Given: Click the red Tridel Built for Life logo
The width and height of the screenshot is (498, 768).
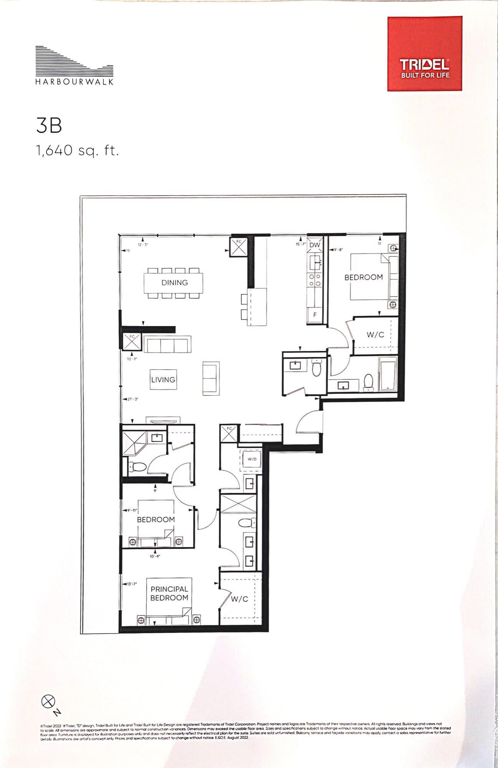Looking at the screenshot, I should pos(425,54).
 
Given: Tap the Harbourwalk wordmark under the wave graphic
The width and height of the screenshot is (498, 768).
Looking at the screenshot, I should pos(74,82).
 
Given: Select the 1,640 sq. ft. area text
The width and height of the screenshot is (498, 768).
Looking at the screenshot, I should pos(77,151).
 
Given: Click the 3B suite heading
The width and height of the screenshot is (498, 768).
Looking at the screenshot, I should pos(49,126).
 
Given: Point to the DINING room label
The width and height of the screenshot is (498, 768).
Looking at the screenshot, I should pos(174,283).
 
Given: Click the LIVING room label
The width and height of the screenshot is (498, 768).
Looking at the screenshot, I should pos(163,379).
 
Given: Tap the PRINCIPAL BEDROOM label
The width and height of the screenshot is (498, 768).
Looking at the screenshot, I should pos(169,593).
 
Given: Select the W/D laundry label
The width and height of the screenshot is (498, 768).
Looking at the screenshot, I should pos(252,459).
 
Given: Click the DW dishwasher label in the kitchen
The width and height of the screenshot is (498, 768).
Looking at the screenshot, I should pos(315,245).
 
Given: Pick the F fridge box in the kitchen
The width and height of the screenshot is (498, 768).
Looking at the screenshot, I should pos(315,315).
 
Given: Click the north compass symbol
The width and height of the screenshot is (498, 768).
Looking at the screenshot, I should pos(47,702).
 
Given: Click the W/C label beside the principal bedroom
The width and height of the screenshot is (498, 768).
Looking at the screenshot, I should pos(240,599).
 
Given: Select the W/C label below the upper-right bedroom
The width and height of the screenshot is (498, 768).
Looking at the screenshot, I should pos(375,334).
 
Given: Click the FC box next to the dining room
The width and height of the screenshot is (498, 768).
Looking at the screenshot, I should pos(238,247).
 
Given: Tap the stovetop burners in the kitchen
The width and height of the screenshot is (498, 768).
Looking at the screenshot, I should pos(315,280).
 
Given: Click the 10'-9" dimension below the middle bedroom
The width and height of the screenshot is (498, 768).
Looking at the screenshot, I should pos(155,556).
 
